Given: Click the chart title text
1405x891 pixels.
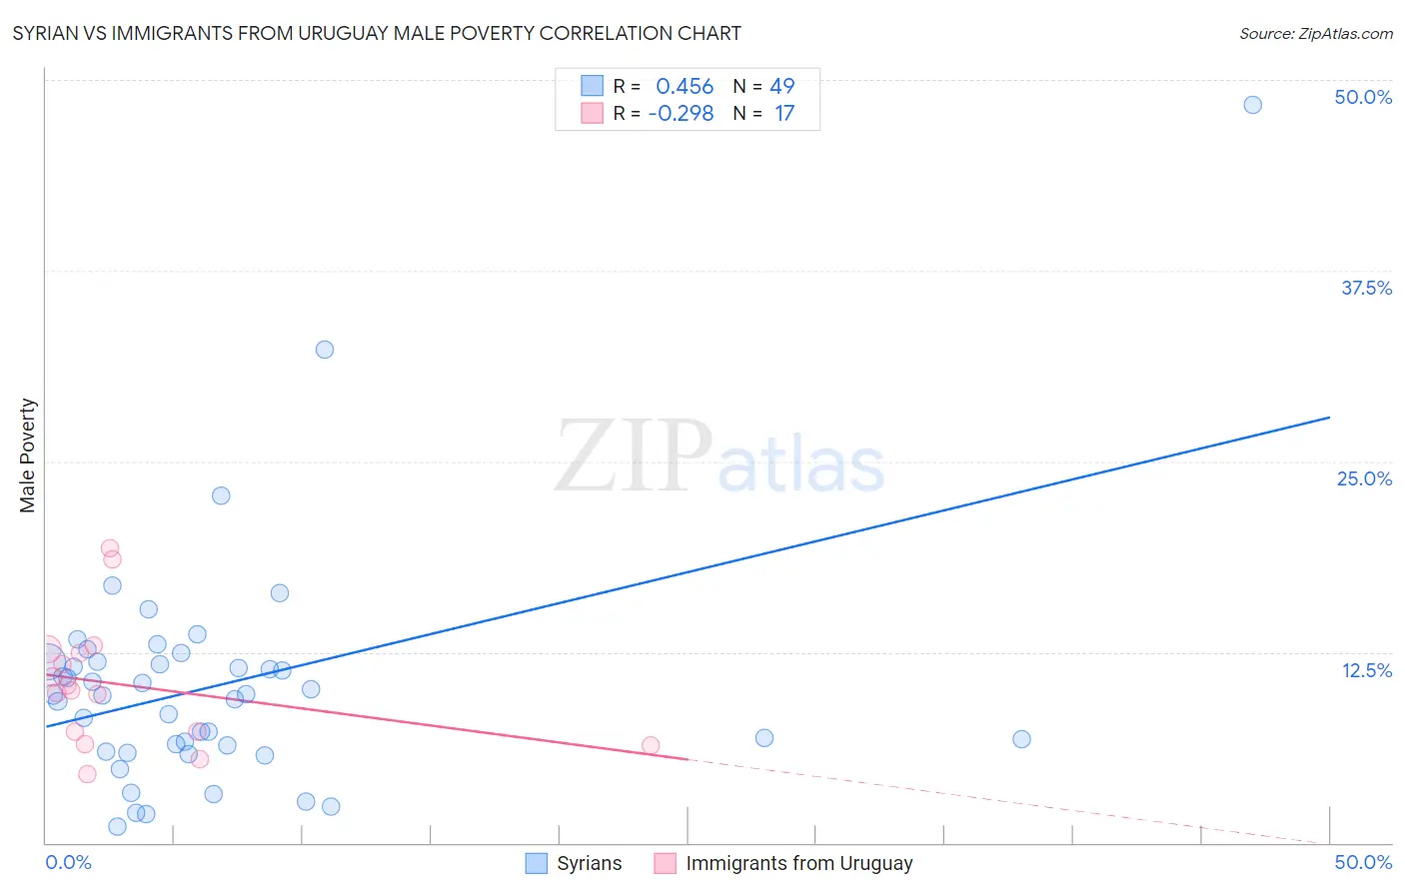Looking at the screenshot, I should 377,33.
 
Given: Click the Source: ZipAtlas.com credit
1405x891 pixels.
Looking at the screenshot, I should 1315,33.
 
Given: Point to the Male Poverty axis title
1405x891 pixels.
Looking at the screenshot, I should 27,455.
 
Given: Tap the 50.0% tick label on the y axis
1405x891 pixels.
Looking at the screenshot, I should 1363,97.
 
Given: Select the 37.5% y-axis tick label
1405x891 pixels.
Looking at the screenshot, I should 1366,288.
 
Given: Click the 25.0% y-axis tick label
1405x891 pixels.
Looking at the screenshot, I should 1364,478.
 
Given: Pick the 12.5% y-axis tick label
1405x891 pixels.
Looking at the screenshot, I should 1366,670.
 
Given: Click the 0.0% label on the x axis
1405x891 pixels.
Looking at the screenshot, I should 68,862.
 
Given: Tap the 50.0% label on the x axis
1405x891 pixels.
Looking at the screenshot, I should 1363,862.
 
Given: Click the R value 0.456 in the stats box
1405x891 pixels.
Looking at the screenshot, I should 685,87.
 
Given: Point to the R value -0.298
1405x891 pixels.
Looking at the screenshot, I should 681,114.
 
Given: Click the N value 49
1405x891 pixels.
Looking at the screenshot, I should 781,87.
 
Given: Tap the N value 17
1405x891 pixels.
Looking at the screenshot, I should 784,114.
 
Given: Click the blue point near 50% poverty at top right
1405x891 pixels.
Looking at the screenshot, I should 1252,105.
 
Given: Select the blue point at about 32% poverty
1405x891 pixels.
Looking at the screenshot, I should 325,350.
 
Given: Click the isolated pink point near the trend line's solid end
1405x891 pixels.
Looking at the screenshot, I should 651,745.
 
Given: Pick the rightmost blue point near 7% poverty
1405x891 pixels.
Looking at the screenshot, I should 1021,739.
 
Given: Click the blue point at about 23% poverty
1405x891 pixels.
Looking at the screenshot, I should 221,495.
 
